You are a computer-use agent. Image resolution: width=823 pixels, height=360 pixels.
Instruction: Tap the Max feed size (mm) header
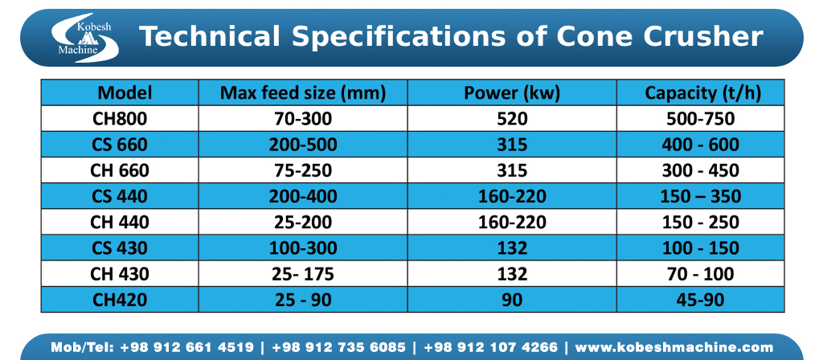(x=303, y=93)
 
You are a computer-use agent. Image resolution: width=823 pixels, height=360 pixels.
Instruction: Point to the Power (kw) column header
(x=512, y=93)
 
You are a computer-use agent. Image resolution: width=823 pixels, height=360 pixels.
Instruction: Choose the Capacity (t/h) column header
(x=700, y=93)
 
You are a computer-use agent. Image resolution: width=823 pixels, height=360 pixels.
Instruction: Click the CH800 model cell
(x=121, y=120)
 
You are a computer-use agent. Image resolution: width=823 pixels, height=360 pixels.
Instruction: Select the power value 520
(x=512, y=120)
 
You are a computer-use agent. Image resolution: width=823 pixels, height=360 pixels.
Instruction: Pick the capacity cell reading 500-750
(x=700, y=120)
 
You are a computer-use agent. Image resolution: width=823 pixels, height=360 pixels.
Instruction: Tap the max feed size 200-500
(x=303, y=145)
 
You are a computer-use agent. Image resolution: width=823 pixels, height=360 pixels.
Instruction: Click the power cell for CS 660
(x=512, y=145)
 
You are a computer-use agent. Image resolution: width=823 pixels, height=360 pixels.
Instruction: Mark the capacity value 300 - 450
(x=700, y=171)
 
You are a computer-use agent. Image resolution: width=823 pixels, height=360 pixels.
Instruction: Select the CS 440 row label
(x=121, y=197)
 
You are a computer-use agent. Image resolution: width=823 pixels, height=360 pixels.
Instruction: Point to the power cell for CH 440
(x=512, y=223)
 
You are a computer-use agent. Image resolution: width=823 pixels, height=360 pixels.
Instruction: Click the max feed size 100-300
(x=303, y=248)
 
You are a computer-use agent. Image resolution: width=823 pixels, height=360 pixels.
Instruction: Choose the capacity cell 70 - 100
(x=700, y=274)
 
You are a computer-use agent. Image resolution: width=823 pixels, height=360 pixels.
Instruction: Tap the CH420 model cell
(x=121, y=300)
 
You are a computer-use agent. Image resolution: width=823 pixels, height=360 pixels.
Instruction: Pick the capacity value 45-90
(x=700, y=300)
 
